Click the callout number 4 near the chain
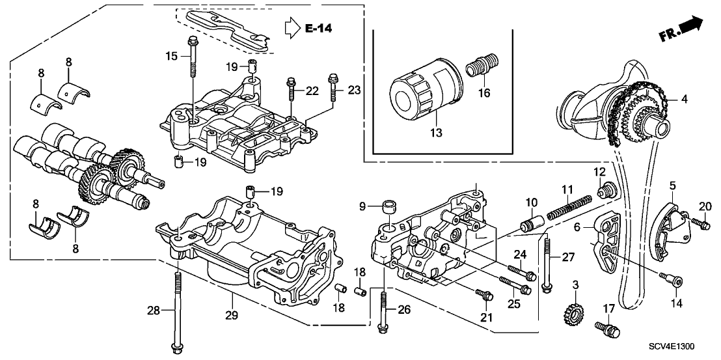click(x=684, y=100)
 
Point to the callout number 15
click(x=172, y=57)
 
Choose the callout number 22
click(x=312, y=91)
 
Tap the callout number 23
click(x=353, y=91)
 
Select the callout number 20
click(x=703, y=206)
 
